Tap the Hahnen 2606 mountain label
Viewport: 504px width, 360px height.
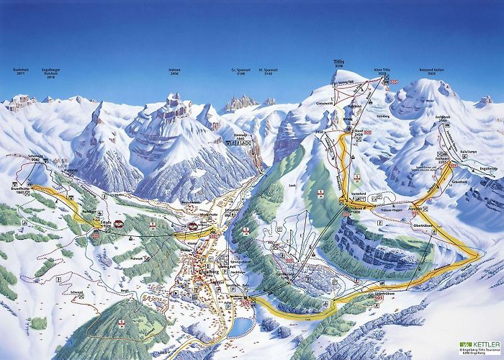[175, 72]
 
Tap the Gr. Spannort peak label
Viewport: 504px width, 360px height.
[239, 72]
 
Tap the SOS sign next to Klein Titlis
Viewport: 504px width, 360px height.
[394, 81]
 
